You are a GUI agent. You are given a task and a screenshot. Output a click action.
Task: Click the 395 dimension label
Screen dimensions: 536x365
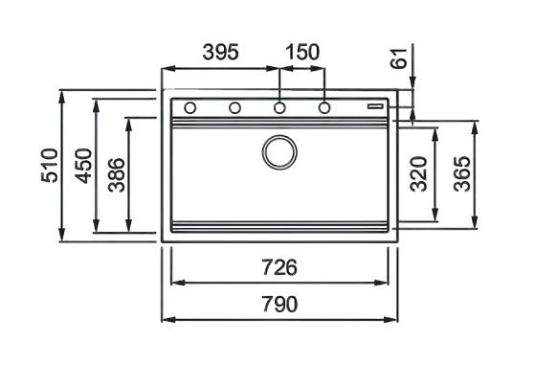[220, 53]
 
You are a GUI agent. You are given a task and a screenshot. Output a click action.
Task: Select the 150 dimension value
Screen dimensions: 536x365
[302, 53]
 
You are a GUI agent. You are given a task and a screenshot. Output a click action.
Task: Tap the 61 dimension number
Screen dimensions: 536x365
[398, 58]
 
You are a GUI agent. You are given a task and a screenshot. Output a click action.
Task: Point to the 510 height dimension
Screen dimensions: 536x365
[50, 165]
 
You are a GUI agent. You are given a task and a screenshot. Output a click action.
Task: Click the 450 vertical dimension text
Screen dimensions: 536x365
[83, 166]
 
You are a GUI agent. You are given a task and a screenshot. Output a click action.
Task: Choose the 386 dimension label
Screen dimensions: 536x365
[116, 174]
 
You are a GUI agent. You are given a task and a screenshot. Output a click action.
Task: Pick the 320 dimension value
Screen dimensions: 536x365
[419, 173]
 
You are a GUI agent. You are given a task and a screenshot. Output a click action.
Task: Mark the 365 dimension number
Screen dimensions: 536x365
[462, 173]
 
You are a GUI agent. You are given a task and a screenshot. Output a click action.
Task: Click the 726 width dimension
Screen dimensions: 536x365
[279, 267]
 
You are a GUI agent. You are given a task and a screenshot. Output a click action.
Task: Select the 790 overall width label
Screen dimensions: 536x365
[279, 304]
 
